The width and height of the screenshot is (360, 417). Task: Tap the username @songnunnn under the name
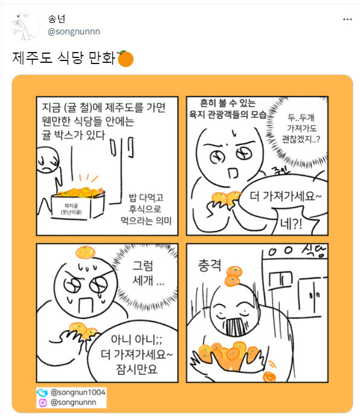click(x=74, y=31)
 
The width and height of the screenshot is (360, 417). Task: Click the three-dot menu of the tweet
click(x=347, y=19)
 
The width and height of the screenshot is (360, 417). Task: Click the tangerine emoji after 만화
click(x=125, y=59)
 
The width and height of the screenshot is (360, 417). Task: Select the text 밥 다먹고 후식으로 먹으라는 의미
click(x=150, y=209)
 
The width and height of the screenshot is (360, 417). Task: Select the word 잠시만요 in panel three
click(x=137, y=366)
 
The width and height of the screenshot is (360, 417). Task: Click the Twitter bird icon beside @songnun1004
click(x=43, y=393)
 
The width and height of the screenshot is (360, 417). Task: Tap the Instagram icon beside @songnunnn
click(x=43, y=402)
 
